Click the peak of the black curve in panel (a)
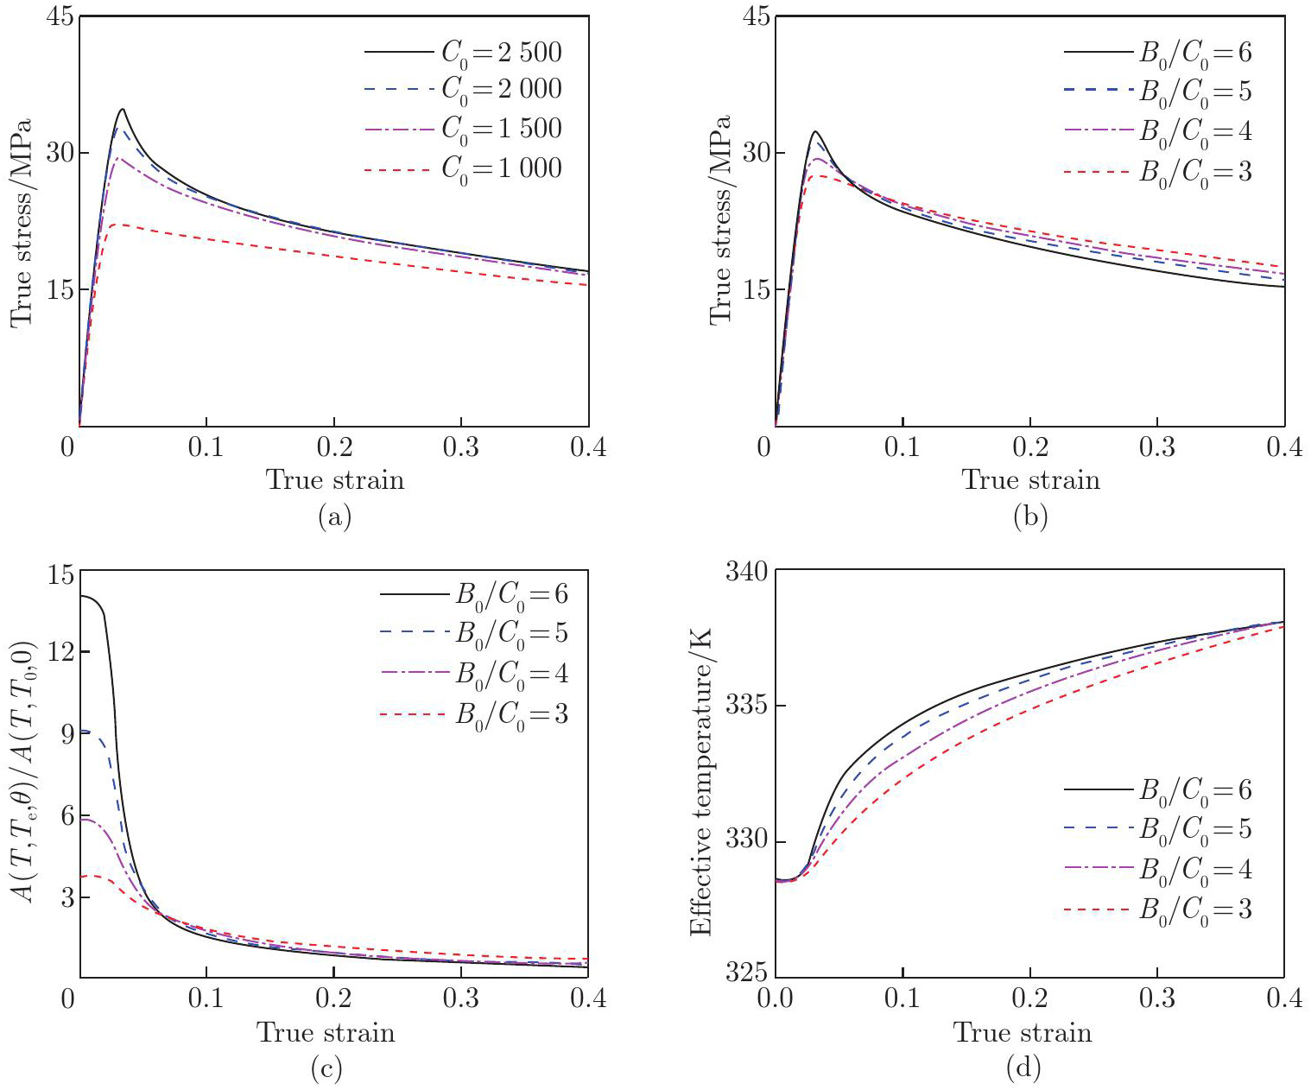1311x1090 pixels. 123,109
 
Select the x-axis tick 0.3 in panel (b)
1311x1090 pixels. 1157,447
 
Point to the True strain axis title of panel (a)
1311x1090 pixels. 334,480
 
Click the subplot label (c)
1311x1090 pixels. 326,1069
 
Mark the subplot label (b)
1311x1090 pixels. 1030,516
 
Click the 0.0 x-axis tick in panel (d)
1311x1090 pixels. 775,999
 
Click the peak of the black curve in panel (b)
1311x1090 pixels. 814,131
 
